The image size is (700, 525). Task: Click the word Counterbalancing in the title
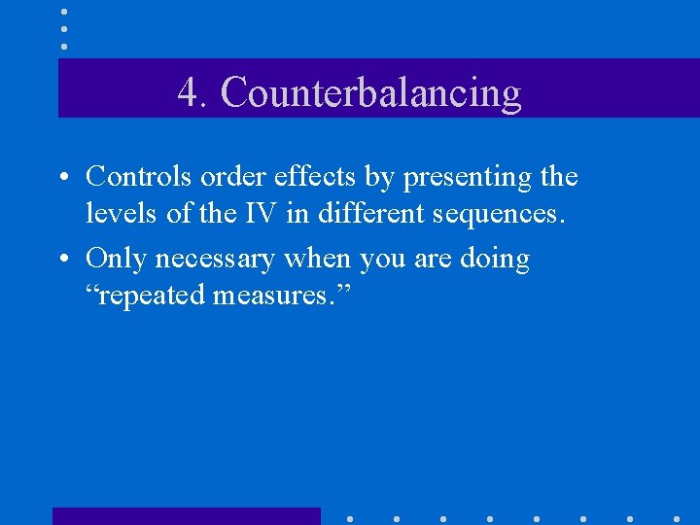click(370, 93)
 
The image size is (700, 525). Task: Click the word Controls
click(140, 177)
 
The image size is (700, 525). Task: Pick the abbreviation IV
click(260, 213)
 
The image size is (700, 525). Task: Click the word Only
click(118, 260)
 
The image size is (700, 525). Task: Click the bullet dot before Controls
click(61, 179)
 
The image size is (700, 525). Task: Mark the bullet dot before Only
click(61, 261)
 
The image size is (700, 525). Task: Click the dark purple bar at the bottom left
click(185, 515)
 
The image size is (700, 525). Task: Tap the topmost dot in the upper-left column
click(63, 12)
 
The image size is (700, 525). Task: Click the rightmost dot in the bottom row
click(676, 518)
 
